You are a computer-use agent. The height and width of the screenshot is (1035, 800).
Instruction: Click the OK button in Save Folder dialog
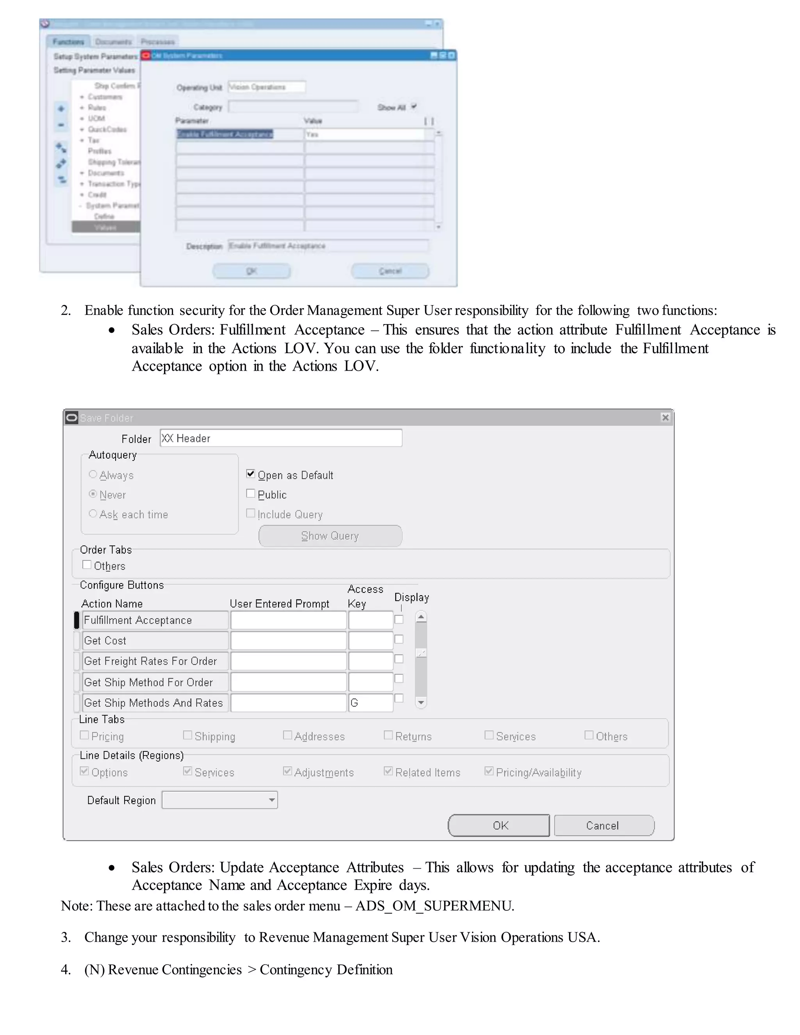[498, 826]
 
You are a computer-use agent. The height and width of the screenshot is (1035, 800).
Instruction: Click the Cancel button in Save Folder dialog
[604, 826]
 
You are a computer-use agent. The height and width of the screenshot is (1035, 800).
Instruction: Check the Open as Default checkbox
[251, 474]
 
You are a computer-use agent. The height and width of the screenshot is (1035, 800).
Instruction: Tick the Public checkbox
[251, 494]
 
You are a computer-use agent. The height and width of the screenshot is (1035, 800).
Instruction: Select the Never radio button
[93, 494]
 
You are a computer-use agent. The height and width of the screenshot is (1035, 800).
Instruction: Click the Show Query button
[330, 536]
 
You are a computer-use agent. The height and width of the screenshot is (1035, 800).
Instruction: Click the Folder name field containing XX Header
[280, 438]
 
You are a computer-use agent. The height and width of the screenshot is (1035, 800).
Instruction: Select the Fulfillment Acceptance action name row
[155, 620]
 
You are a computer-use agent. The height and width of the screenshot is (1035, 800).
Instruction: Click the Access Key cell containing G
[370, 703]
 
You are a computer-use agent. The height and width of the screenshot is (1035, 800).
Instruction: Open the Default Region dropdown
[271, 800]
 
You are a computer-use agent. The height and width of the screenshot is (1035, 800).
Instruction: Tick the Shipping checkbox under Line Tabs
[187, 735]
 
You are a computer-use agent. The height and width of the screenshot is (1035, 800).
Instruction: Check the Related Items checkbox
[388, 771]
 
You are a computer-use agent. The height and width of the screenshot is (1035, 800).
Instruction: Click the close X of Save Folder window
[665, 418]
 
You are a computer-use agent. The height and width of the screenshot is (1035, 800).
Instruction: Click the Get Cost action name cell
[155, 641]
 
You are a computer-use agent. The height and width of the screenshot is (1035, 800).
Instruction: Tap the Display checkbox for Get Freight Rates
[399, 659]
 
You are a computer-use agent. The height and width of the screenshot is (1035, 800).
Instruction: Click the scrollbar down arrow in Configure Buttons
[421, 702]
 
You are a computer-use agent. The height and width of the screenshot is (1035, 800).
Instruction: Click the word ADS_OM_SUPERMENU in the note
[434, 906]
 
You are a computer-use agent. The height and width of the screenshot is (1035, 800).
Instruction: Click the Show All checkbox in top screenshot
[414, 107]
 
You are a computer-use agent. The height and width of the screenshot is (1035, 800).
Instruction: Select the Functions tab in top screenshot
[68, 42]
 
